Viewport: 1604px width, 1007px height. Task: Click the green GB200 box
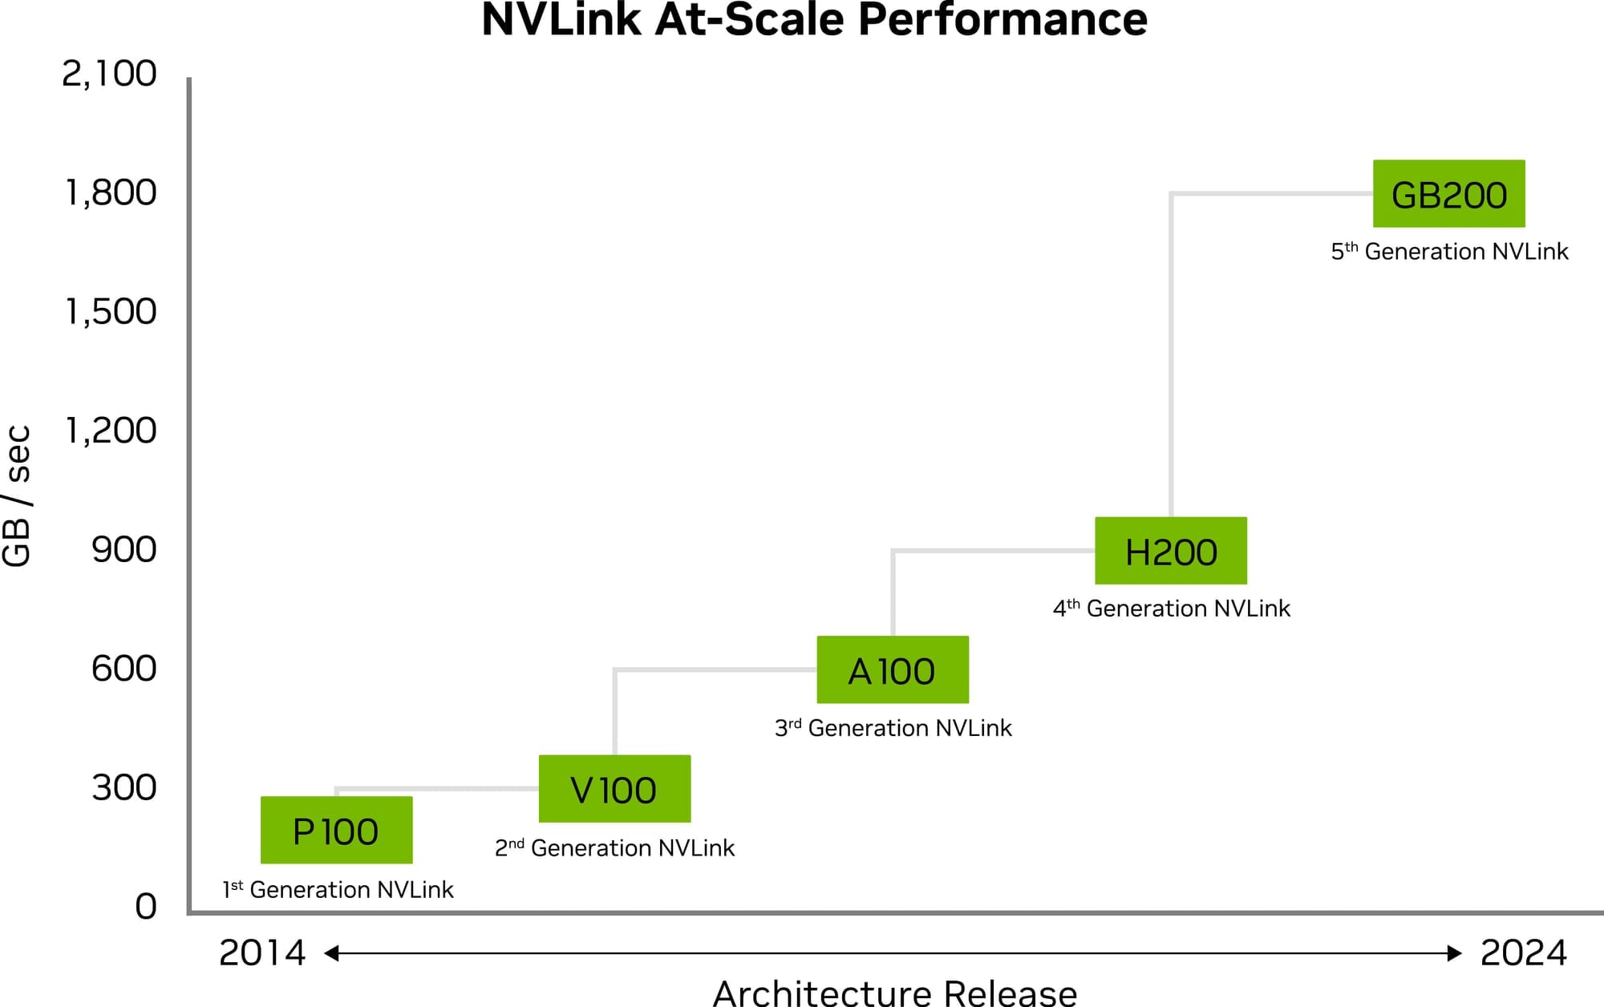point(1448,194)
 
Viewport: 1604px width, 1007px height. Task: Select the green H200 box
point(1171,551)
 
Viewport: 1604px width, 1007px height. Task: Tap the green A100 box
point(893,670)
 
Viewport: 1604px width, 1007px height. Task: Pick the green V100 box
point(614,789)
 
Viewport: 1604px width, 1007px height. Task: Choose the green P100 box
point(336,831)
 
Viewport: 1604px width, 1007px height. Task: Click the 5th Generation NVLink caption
point(1449,252)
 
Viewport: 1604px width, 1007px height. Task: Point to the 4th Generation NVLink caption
point(1171,609)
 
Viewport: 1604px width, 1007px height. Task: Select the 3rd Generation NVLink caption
point(893,728)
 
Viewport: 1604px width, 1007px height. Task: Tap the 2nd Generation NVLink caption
point(614,847)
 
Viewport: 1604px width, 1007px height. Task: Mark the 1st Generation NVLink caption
point(338,889)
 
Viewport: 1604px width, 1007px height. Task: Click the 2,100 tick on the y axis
point(109,74)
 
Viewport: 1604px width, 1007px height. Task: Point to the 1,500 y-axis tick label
point(111,312)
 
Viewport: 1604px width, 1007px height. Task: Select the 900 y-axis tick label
point(124,550)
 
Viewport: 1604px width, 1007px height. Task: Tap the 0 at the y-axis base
point(146,907)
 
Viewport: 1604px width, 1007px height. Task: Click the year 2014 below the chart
point(262,953)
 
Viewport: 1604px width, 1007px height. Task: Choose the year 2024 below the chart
point(1523,953)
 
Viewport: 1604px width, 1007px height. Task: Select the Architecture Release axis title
point(894,993)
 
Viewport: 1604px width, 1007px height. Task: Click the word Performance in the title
point(1003,19)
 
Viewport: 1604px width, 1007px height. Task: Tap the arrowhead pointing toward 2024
point(1454,953)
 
